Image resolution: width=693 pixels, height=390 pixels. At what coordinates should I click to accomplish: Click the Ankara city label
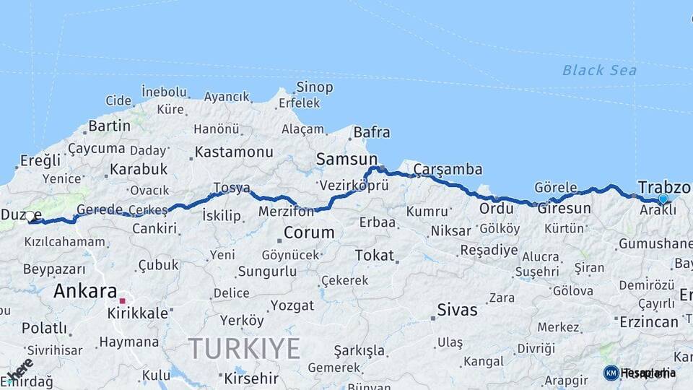[x=85, y=291]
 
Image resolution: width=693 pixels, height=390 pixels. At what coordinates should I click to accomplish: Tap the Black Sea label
[x=599, y=70]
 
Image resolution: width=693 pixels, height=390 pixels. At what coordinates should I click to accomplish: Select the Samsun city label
[x=346, y=159]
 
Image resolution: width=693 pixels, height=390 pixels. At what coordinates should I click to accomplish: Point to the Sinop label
[x=314, y=87]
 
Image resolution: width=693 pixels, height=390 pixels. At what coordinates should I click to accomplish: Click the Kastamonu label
[x=234, y=152]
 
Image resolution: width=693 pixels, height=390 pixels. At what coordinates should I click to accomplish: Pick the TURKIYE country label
[x=245, y=349]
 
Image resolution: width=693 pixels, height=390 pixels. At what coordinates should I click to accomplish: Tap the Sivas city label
[x=457, y=310]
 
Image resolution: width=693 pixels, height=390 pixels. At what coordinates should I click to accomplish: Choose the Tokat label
[x=374, y=255]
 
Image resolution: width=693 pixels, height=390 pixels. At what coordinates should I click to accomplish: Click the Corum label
[x=309, y=233]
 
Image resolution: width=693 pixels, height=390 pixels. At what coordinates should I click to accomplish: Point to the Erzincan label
[x=649, y=321]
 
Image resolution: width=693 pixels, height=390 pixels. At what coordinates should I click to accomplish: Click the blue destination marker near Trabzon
[x=663, y=199]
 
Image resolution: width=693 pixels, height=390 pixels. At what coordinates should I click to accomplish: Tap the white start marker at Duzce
[x=30, y=216]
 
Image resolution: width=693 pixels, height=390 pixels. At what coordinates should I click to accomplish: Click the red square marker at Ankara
[x=123, y=300]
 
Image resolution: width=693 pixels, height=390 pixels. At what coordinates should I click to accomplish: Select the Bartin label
[x=109, y=126]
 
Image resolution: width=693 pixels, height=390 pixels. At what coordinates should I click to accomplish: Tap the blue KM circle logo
[x=611, y=373]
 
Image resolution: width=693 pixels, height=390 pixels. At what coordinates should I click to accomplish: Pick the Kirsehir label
[x=251, y=378]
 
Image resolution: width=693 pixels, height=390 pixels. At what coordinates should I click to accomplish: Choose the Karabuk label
[x=139, y=169]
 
